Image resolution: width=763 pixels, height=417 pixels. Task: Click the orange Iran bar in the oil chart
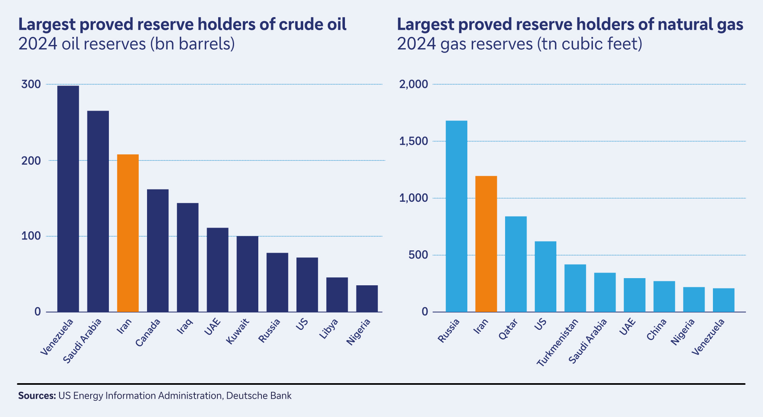pyautogui.click(x=128, y=233)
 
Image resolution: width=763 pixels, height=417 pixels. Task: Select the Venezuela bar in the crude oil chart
pyautogui.click(x=68, y=199)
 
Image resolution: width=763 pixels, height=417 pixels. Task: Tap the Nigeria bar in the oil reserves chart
pyautogui.click(x=367, y=298)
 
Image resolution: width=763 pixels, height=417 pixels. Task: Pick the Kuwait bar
pyautogui.click(x=247, y=274)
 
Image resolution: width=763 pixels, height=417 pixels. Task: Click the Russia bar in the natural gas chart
pyautogui.click(x=456, y=216)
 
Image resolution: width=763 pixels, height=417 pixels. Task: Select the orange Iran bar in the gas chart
pyautogui.click(x=486, y=244)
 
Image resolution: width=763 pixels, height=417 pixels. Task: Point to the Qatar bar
pyautogui.click(x=515, y=264)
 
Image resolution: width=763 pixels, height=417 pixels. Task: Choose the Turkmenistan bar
pyautogui.click(x=575, y=288)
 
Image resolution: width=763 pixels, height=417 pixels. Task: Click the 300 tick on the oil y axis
pyautogui.click(x=31, y=84)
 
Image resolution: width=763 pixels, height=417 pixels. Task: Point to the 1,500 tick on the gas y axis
pyautogui.click(x=413, y=141)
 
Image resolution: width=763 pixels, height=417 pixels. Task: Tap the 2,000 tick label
pyautogui.click(x=413, y=84)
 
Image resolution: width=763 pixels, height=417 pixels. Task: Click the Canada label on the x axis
pyautogui.click(x=148, y=333)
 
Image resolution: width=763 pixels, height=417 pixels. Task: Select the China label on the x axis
pyautogui.click(x=656, y=330)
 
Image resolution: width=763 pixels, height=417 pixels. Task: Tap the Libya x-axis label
pyautogui.click(x=329, y=329)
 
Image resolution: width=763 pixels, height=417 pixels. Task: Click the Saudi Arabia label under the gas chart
pyautogui.click(x=588, y=341)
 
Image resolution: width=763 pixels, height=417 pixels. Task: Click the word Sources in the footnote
pyautogui.click(x=37, y=396)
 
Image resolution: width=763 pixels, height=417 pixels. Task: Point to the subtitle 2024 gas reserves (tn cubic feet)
pyautogui.click(x=519, y=44)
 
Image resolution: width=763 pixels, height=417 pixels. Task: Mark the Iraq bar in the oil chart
pyautogui.click(x=188, y=257)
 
